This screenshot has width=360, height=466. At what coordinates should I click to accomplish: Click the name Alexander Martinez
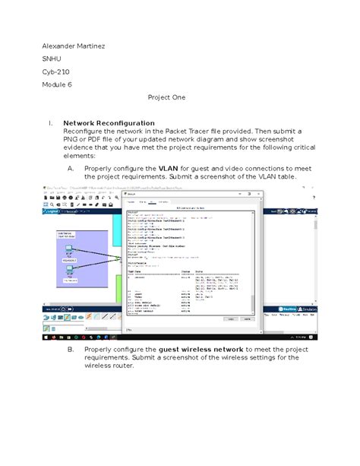click(x=73, y=46)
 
